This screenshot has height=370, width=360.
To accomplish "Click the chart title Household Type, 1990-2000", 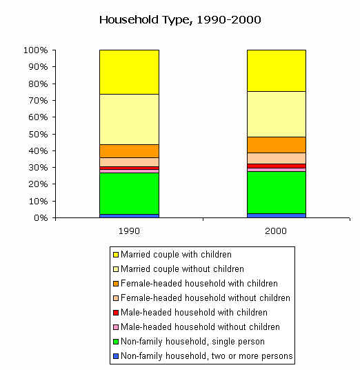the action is click(180, 20).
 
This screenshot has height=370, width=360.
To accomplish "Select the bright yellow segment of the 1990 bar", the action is click(129, 72).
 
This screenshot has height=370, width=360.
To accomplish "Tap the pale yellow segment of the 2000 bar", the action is click(277, 114).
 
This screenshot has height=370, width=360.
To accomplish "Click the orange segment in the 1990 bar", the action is click(129, 151).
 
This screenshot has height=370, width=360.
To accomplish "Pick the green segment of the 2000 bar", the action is click(277, 193).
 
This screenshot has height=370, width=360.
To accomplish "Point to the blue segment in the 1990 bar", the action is click(129, 216).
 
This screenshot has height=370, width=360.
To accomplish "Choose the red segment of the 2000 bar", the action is click(277, 166).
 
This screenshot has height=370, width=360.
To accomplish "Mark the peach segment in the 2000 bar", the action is click(277, 158).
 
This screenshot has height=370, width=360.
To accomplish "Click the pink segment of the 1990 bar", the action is click(129, 171).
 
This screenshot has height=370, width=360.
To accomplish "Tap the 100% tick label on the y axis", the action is click(36, 50).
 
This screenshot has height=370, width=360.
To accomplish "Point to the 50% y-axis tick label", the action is click(38, 134).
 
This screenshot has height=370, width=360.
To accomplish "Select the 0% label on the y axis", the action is click(41, 217).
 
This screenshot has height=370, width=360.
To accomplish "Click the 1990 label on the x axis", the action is click(129, 231).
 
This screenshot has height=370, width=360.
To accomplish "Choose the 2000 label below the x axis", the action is click(276, 231).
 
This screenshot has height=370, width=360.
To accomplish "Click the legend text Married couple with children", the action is click(176, 254).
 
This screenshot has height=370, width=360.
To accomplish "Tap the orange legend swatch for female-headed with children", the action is click(116, 284).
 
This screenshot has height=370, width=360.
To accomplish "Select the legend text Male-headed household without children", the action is click(200, 327).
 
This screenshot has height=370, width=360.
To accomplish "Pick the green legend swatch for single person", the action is click(116, 342).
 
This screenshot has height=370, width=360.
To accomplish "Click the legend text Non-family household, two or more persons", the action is click(207, 356).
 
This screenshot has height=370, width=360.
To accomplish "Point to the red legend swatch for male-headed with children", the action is click(116, 313).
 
